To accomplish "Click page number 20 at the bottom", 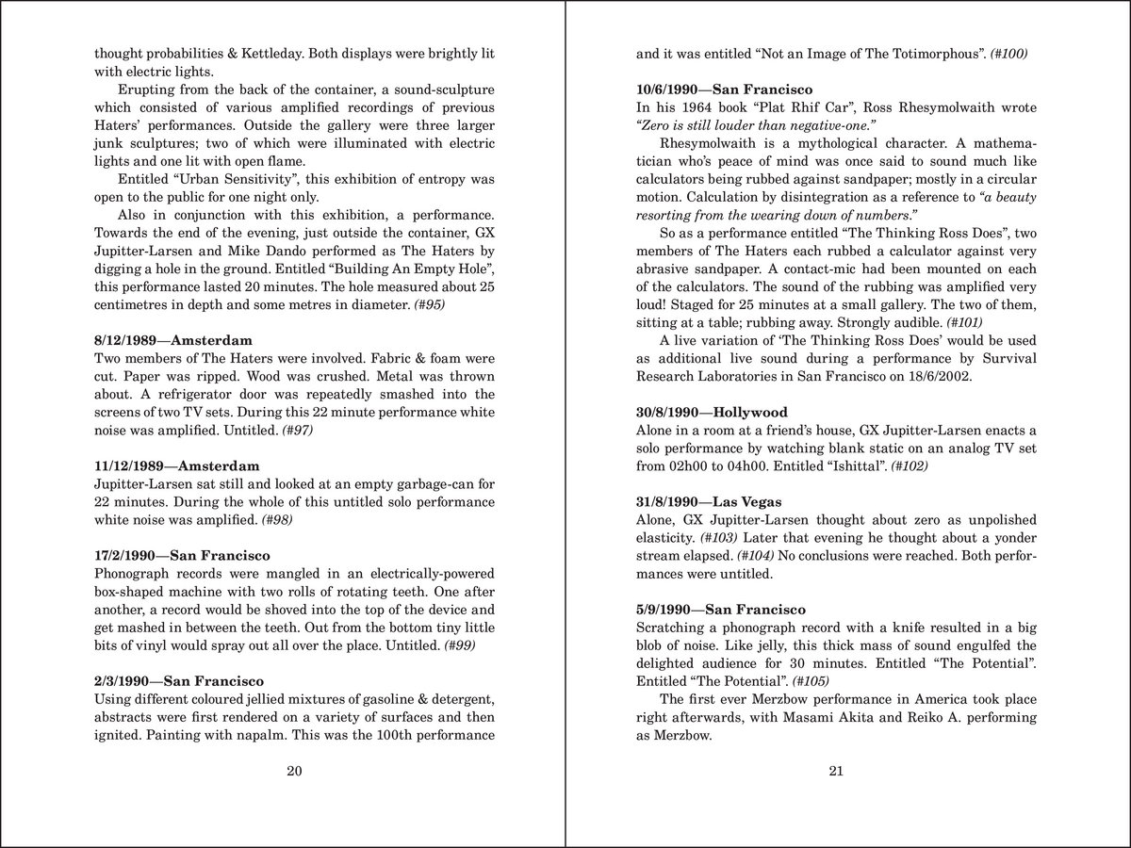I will [x=293, y=772].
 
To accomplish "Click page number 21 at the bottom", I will [x=835, y=772].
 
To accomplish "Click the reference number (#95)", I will [x=435, y=304].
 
